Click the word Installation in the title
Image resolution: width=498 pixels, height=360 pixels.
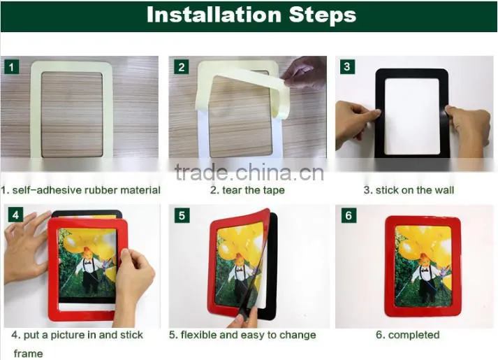pos(214,15)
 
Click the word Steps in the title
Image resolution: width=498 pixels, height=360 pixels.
pos(323,15)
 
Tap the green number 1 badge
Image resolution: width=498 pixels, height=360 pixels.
pos(12,66)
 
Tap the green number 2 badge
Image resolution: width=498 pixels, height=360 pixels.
pos(182,66)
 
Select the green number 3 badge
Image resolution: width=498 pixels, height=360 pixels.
pos(347,66)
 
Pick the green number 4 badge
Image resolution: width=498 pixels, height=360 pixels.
pos(15,215)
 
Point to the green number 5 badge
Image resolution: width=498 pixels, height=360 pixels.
pos(182,215)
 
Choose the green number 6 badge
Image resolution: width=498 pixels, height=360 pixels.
pos(349,215)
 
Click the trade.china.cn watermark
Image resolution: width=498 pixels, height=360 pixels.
pos(249,172)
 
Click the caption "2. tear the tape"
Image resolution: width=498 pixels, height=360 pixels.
pos(247,190)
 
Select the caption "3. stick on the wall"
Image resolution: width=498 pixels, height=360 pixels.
pos(409,190)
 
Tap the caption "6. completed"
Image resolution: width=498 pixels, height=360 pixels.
pos(408,335)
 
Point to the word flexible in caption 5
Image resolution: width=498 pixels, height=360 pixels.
pos(198,335)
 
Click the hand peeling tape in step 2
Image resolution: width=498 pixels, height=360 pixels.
pos(303,73)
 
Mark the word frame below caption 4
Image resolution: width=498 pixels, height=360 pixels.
pos(28,354)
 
